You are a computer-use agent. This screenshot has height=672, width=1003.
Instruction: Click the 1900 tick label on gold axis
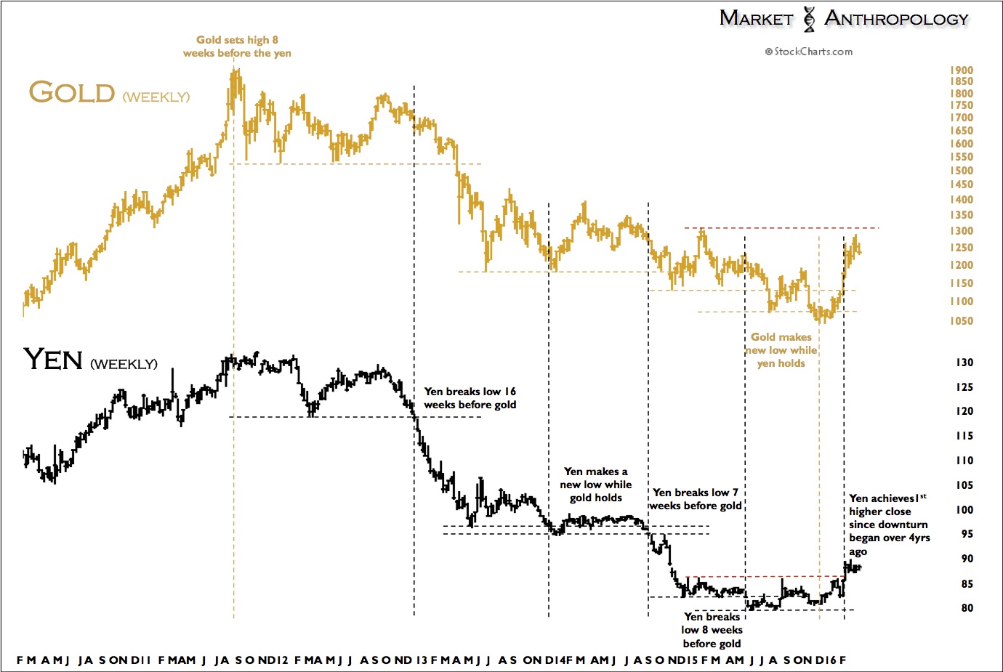(961, 70)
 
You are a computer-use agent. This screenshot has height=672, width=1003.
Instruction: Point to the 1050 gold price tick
(961, 321)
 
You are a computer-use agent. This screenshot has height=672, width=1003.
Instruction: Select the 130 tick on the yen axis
(964, 363)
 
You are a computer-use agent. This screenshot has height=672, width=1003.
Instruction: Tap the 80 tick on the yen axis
(967, 608)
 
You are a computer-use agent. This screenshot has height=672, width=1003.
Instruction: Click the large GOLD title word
(72, 93)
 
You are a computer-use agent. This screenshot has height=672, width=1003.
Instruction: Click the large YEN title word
(53, 360)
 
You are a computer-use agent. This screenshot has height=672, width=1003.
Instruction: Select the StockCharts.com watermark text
(809, 52)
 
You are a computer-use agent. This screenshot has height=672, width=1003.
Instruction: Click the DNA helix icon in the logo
(809, 19)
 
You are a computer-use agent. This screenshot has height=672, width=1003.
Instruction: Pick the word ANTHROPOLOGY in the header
(896, 19)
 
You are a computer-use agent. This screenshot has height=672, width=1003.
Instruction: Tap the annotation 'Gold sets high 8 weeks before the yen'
(237, 46)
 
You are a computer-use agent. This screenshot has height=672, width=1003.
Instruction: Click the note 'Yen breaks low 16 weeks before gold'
(470, 398)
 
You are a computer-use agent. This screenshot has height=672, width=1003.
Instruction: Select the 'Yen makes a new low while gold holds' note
(596, 485)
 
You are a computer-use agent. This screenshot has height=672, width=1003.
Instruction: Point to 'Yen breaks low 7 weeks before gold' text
(696, 499)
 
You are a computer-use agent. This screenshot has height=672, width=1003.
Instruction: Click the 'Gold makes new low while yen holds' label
(781, 350)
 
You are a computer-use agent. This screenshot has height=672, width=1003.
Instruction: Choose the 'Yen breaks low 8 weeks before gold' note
(712, 630)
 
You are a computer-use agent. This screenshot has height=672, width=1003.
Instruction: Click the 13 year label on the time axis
(422, 660)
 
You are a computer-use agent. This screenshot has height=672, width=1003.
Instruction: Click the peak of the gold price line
(235, 70)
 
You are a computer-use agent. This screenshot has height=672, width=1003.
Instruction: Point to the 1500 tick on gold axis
(961, 171)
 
